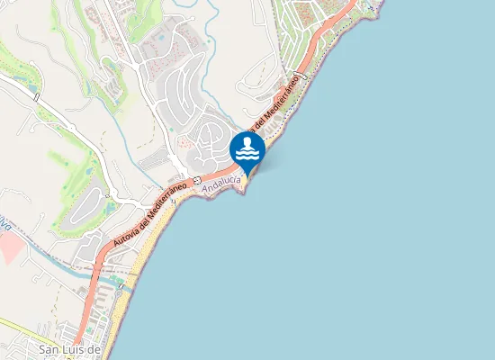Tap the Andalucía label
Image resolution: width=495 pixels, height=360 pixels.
pyautogui.click(x=221, y=186)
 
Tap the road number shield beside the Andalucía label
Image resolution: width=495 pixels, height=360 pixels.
pyautogui.click(x=196, y=180)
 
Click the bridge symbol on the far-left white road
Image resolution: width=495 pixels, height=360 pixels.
pyautogui.click(x=36, y=95)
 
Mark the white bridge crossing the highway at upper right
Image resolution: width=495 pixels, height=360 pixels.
pyautogui.click(x=304, y=78)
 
